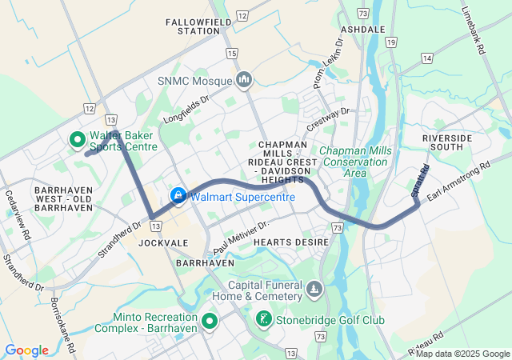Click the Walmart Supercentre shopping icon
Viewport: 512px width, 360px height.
tap(178, 195)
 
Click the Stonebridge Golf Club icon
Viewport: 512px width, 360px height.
tap(263, 321)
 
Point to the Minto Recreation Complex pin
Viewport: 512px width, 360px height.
tap(210, 322)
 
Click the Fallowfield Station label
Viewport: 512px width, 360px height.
tap(193, 26)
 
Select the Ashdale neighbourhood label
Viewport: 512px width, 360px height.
tap(358, 28)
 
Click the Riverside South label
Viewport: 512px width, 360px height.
tap(442, 142)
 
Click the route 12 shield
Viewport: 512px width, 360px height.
tap(88, 108)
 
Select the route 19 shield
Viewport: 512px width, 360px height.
tap(390, 41)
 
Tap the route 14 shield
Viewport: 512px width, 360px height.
tap(427, 58)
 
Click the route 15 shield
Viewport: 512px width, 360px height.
tap(231, 53)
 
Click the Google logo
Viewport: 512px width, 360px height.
tap(26, 350)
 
